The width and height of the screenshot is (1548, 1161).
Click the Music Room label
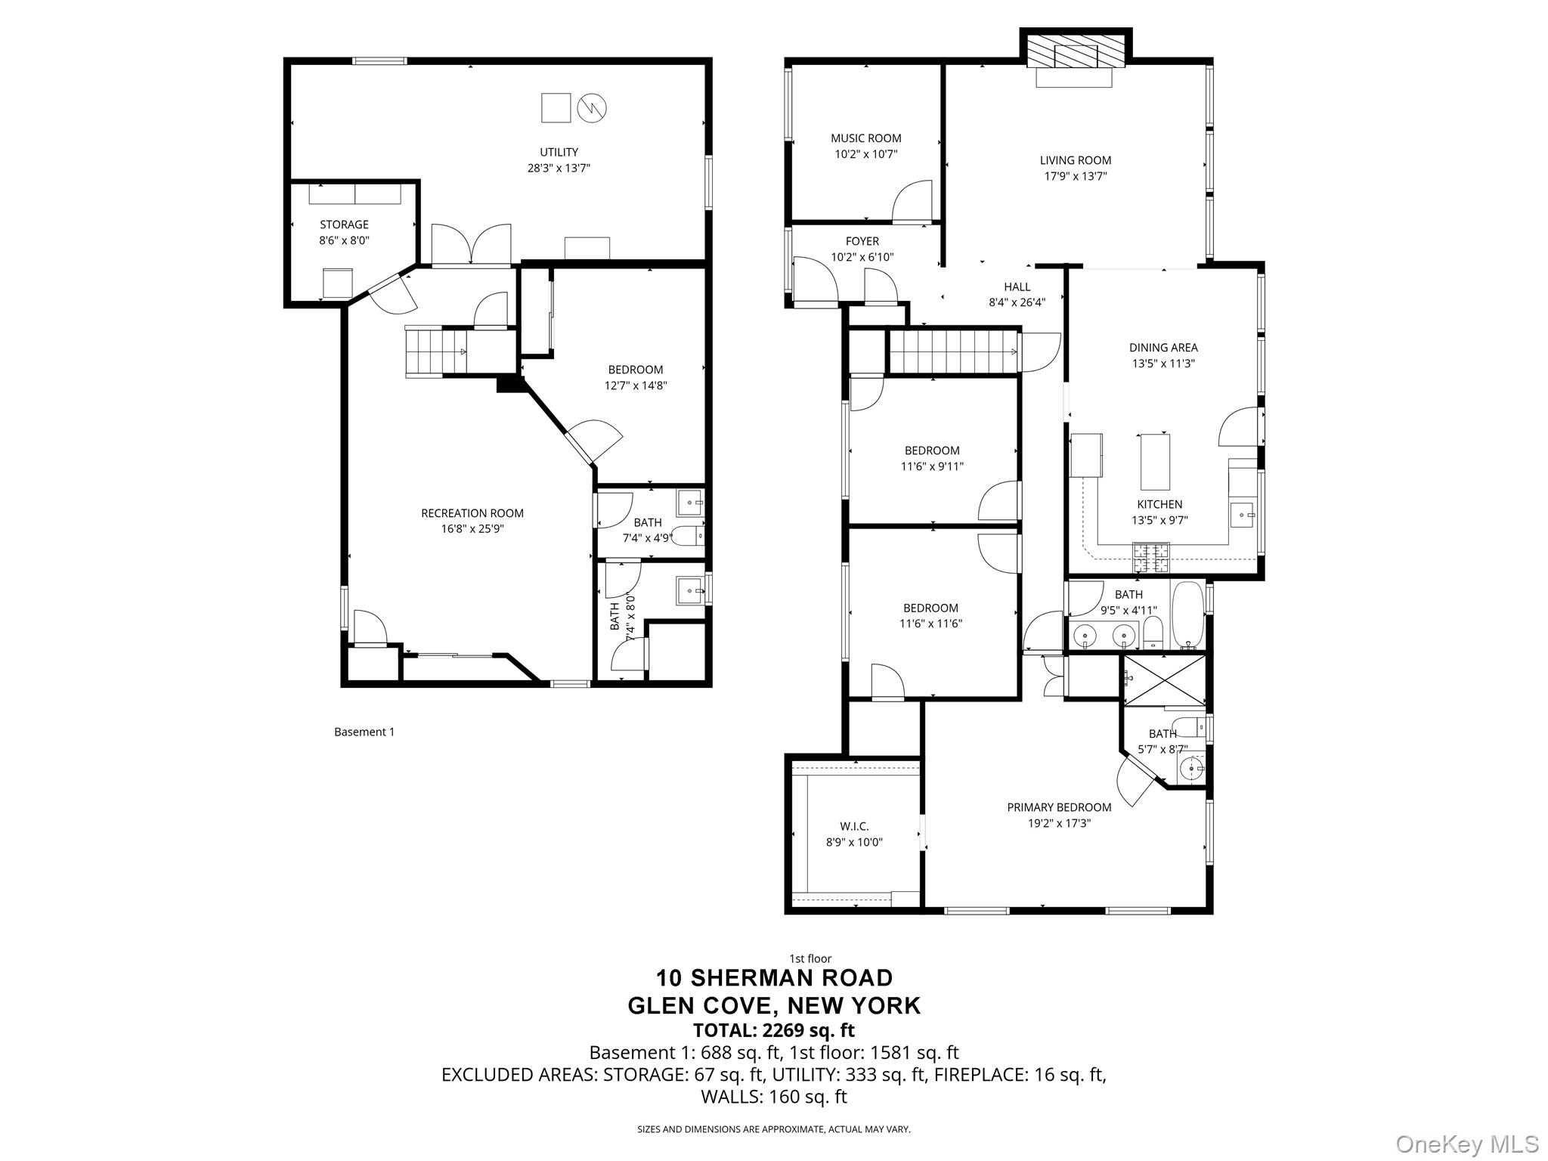[x=865, y=138]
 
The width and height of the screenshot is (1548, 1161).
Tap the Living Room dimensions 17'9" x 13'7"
[x=1076, y=176]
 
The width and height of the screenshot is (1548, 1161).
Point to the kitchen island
[x=1154, y=462]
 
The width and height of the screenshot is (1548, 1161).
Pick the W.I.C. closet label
[x=854, y=826]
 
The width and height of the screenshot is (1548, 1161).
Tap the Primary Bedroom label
[x=1059, y=807]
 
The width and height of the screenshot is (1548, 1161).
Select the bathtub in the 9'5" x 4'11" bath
[x=1187, y=615]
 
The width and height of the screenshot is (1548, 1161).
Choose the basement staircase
[x=436, y=351]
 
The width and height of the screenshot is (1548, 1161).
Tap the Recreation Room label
[x=472, y=513]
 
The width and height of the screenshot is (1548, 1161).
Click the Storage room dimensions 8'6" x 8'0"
[x=344, y=240]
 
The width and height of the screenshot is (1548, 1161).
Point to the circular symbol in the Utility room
[x=592, y=108]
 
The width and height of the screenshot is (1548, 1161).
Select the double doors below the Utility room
[x=471, y=246]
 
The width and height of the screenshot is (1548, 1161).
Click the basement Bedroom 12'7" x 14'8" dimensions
[x=636, y=385]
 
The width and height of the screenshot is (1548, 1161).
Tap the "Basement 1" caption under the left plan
[x=364, y=732]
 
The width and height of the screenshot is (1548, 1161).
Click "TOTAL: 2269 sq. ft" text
[x=774, y=1030]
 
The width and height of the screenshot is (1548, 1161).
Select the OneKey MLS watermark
[x=1466, y=1144]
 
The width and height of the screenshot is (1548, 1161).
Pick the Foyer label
[x=862, y=241]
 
